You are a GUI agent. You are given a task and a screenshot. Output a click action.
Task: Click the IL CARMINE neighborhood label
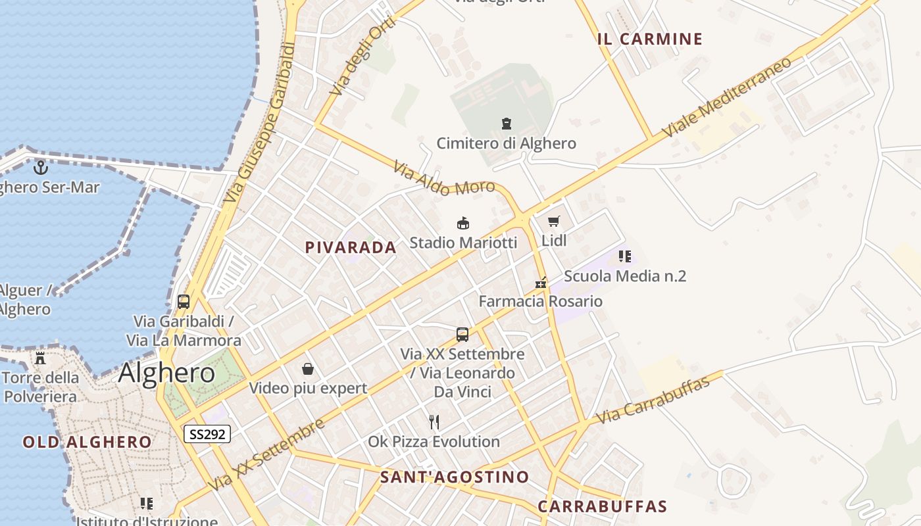coord(650,39)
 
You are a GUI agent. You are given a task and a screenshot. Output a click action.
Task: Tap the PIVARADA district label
coord(351,248)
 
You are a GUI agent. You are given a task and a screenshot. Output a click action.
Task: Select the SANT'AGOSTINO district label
coord(455,477)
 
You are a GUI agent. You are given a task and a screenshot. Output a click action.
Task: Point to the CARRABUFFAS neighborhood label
coord(602,507)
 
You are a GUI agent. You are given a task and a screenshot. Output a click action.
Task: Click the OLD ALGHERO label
coord(87,442)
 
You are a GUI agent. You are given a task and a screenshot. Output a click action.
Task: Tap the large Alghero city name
coord(166,373)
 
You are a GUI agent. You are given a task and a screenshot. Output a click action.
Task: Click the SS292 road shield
coord(207,434)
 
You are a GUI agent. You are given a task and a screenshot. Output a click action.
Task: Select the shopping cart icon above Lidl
coord(554,222)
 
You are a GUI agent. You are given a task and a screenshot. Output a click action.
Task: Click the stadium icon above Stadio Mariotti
coord(463,224)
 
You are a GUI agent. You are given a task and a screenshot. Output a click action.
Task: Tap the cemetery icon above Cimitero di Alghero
coord(507,124)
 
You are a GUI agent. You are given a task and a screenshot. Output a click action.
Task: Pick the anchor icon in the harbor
coord(41,168)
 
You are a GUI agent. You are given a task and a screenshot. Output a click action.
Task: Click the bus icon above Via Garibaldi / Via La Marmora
coord(184,302)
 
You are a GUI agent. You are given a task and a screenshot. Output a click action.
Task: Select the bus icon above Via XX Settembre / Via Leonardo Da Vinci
coord(462,335)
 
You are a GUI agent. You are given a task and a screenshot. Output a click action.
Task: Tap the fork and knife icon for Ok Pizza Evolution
coord(434,421)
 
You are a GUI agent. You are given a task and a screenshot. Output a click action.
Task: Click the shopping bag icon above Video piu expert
coord(307,369)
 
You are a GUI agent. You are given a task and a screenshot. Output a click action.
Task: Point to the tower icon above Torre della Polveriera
coord(40,358)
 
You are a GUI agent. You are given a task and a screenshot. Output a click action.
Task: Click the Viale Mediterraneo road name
coord(726,97)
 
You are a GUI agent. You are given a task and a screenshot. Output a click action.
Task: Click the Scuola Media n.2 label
coord(624,276)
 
